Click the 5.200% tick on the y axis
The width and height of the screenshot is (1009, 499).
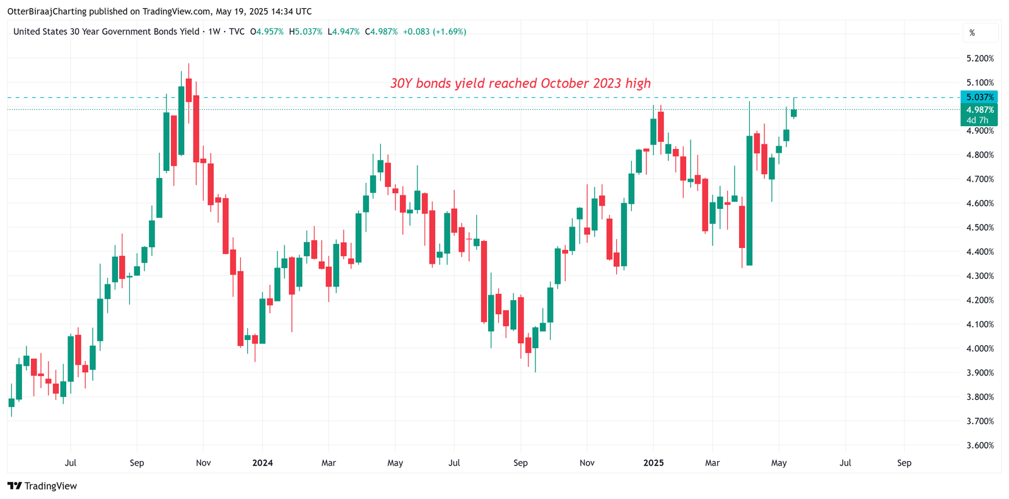point(979,58)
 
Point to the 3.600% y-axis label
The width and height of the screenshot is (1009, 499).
point(979,445)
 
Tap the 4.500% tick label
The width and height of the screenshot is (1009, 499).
point(979,227)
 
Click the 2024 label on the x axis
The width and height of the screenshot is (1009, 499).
point(262,462)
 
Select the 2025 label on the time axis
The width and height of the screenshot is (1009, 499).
point(653,462)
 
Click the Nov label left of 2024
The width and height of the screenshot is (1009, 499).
point(203,462)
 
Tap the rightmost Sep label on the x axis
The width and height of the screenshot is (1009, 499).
point(904,462)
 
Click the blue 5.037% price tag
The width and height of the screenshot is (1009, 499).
point(979,97)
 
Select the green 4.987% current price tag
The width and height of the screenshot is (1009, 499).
point(979,110)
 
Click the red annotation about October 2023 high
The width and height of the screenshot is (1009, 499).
point(520,83)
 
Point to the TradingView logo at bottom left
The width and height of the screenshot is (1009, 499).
point(42,486)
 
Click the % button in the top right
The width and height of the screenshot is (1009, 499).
point(972,33)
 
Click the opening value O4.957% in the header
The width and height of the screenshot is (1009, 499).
point(267,32)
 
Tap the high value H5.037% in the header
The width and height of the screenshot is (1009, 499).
point(305,32)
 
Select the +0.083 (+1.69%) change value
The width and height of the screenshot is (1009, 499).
point(435,32)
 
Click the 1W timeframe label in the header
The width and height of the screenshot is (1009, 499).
point(214,32)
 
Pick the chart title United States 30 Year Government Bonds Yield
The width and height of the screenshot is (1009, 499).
point(106,32)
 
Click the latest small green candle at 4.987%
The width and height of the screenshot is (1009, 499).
point(794,113)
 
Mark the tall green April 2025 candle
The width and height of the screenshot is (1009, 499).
point(749,201)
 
